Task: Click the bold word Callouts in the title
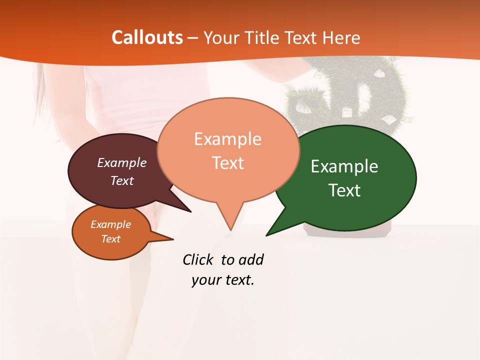[x=147, y=37]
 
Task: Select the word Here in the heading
[x=341, y=37]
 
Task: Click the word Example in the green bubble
[x=344, y=166]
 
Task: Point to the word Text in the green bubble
[x=344, y=190]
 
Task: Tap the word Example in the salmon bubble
[x=227, y=139]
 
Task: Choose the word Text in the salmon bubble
[x=228, y=163]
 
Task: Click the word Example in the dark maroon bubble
[x=122, y=162]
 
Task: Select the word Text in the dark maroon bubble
[x=122, y=180]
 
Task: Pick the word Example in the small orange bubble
[x=111, y=224]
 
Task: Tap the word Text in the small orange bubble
[x=111, y=239]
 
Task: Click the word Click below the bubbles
[x=198, y=259]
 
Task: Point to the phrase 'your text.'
[x=223, y=280]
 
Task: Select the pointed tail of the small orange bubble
[x=167, y=238]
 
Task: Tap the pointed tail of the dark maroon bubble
[x=185, y=207]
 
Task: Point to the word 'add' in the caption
[x=251, y=259]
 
